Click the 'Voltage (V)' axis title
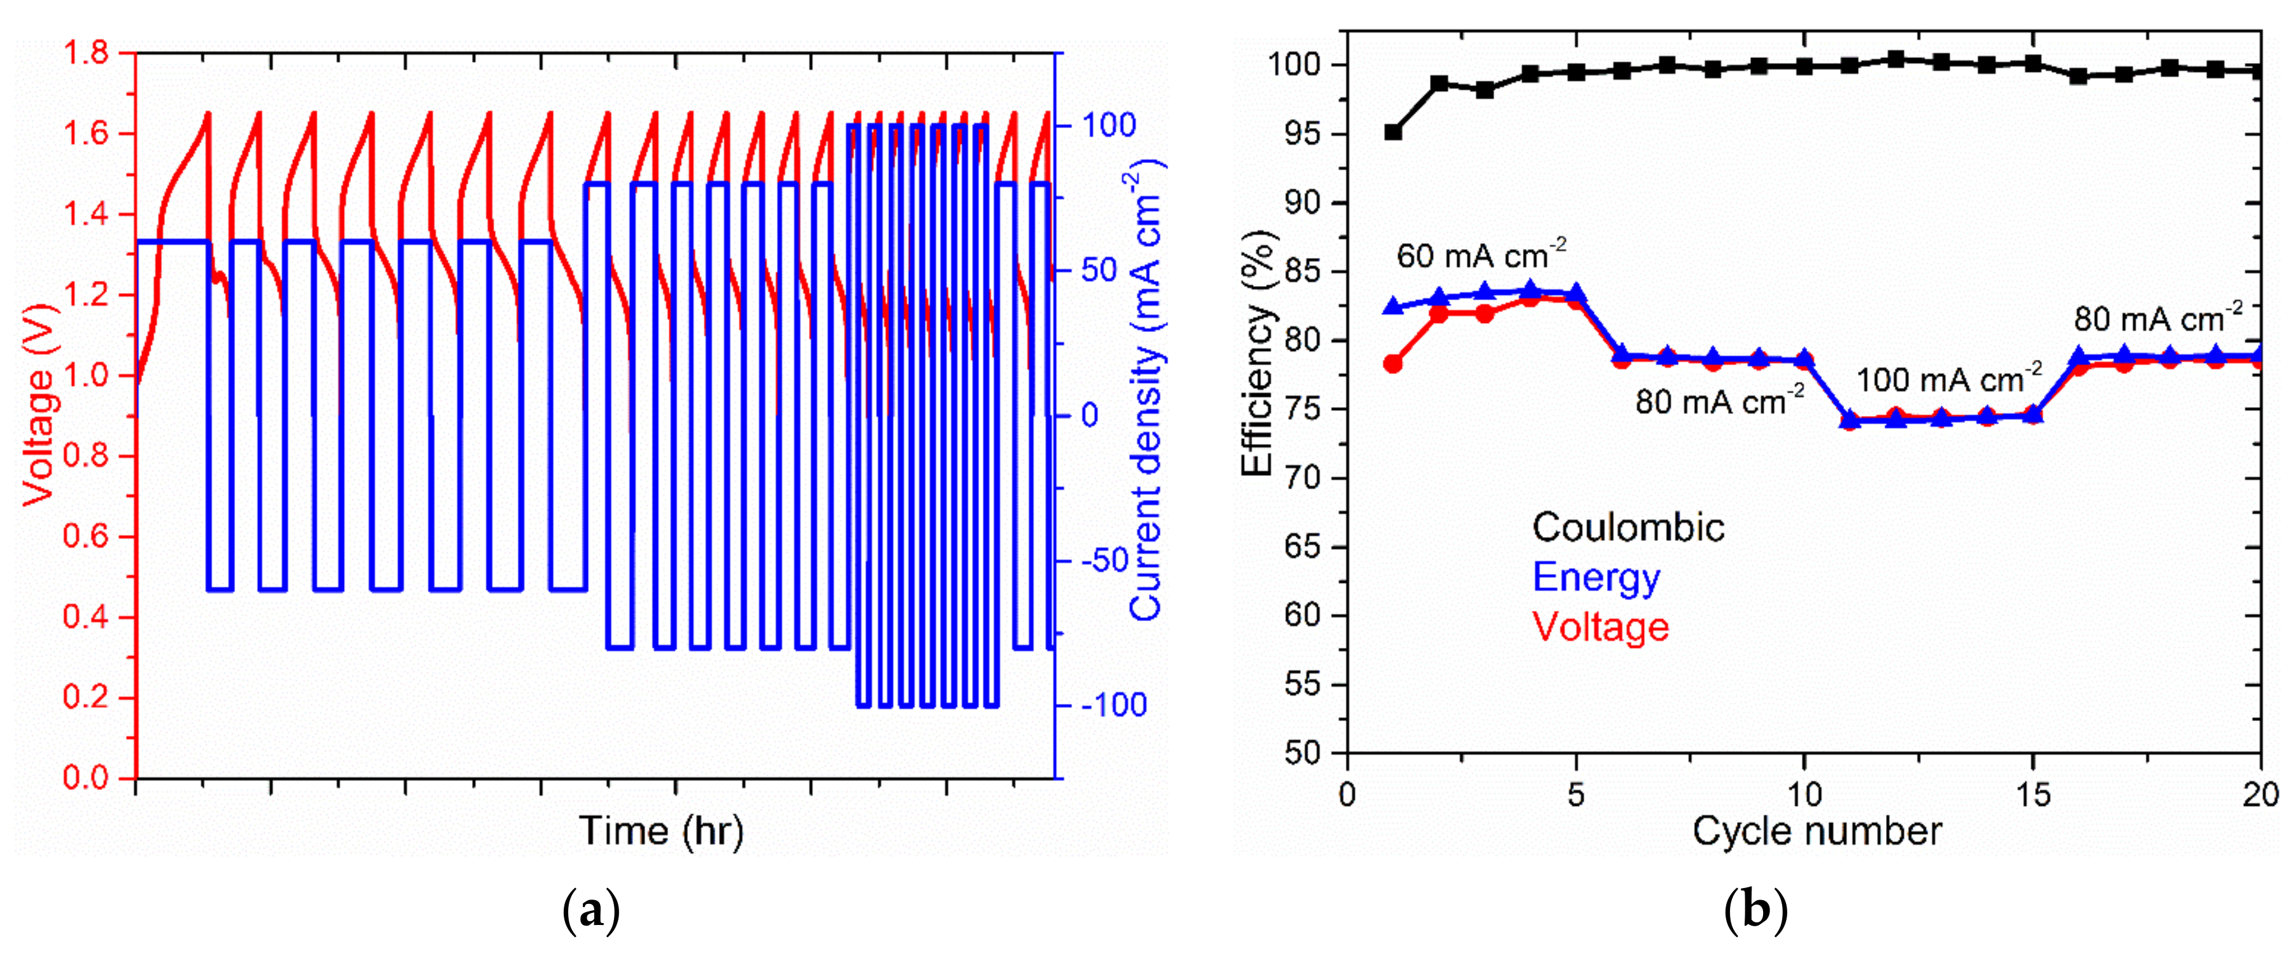pos(38,405)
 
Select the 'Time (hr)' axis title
pos(661,831)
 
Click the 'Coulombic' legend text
pos(1628,527)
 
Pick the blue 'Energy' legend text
pos(1596,577)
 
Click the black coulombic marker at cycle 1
pos(1393,133)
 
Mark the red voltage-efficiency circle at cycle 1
pos(1393,363)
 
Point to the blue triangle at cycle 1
pos(1393,306)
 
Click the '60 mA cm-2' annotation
pos(1481,255)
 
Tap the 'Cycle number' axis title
pos(1816,831)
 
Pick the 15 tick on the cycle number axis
pos(2033,792)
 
